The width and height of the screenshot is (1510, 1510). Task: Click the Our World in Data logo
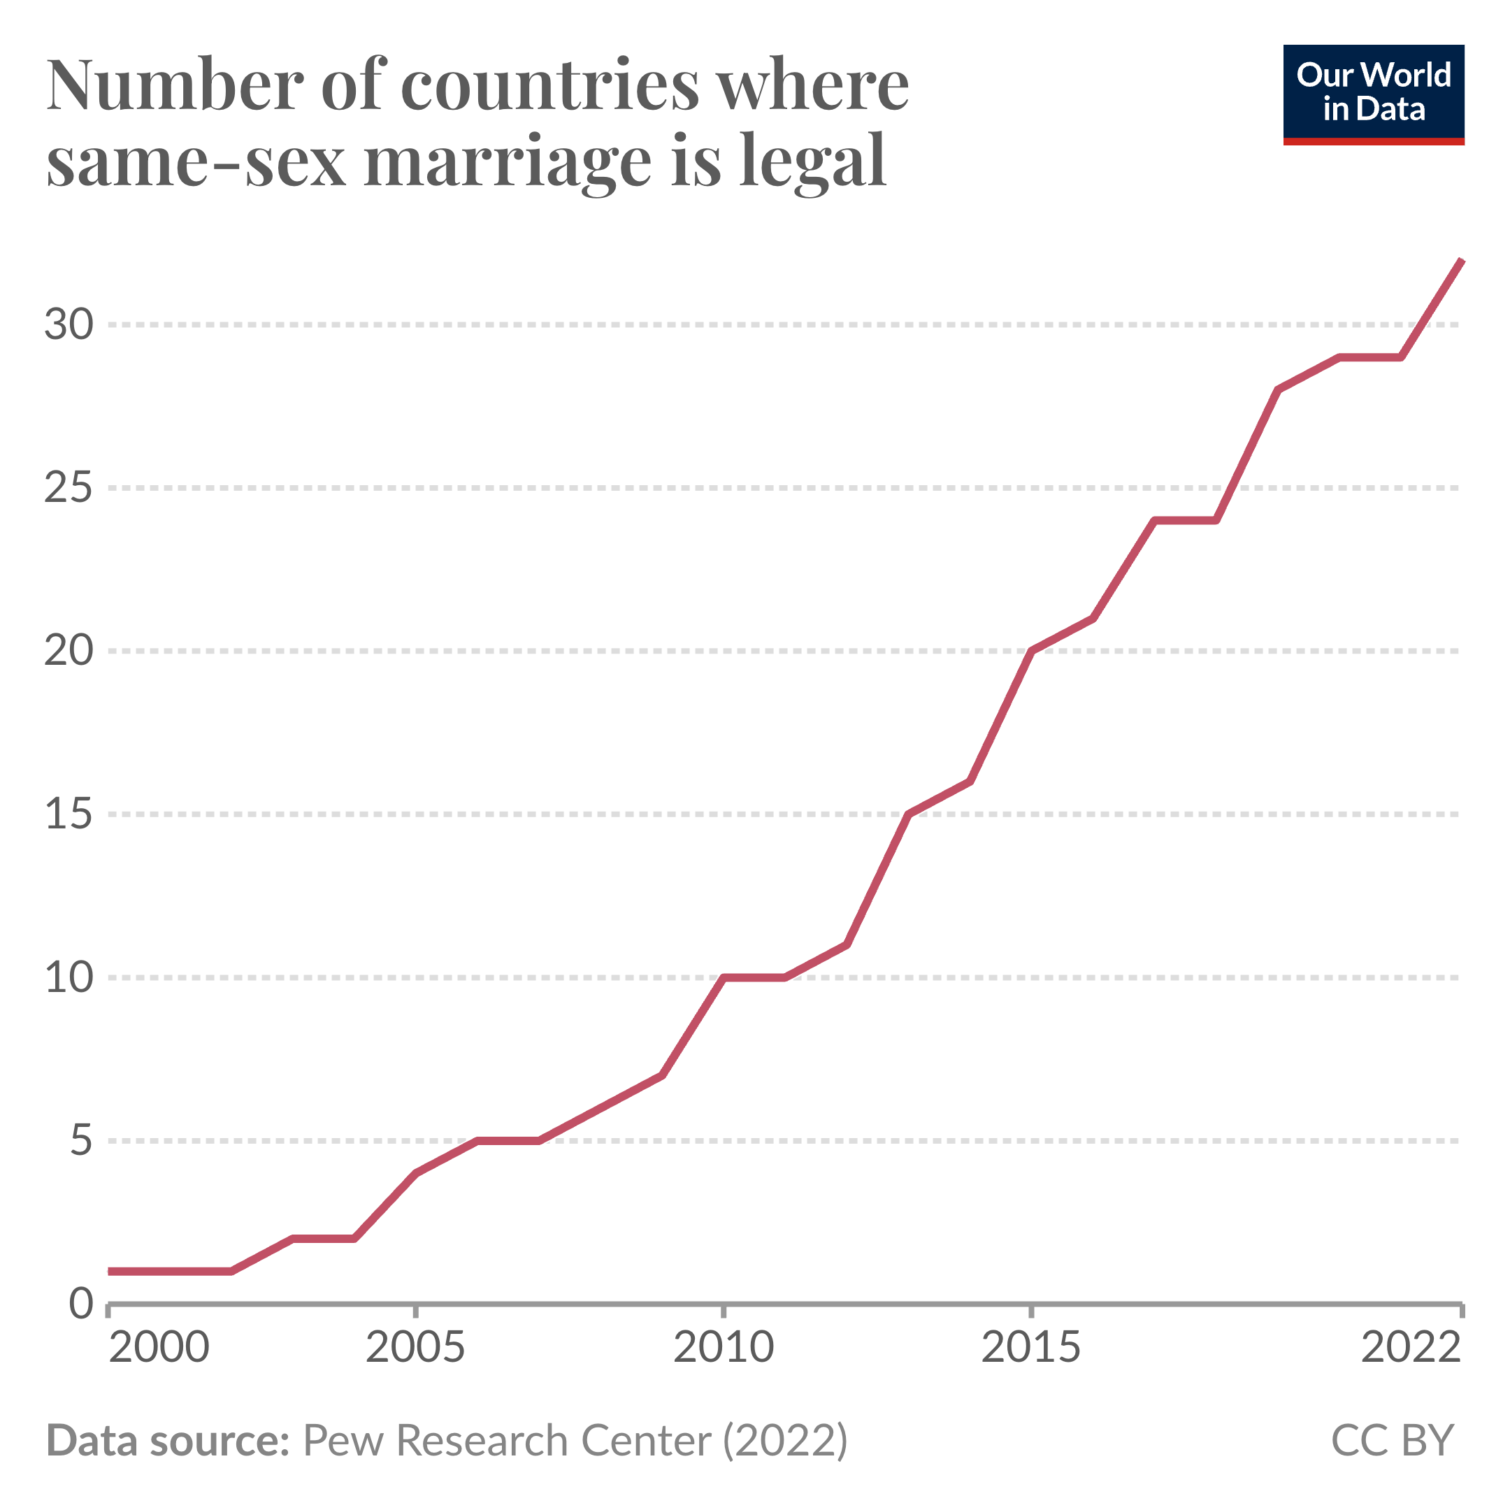pos(1373,94)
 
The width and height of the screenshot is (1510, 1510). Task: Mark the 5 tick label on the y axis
pos(81,1141)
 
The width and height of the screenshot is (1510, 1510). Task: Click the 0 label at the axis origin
pos(81,1304)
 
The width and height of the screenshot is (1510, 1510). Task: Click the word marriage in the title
pos(508,161)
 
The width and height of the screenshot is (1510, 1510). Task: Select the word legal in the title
pos(812,161)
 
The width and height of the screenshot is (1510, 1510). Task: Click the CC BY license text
pos(1392,1440)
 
